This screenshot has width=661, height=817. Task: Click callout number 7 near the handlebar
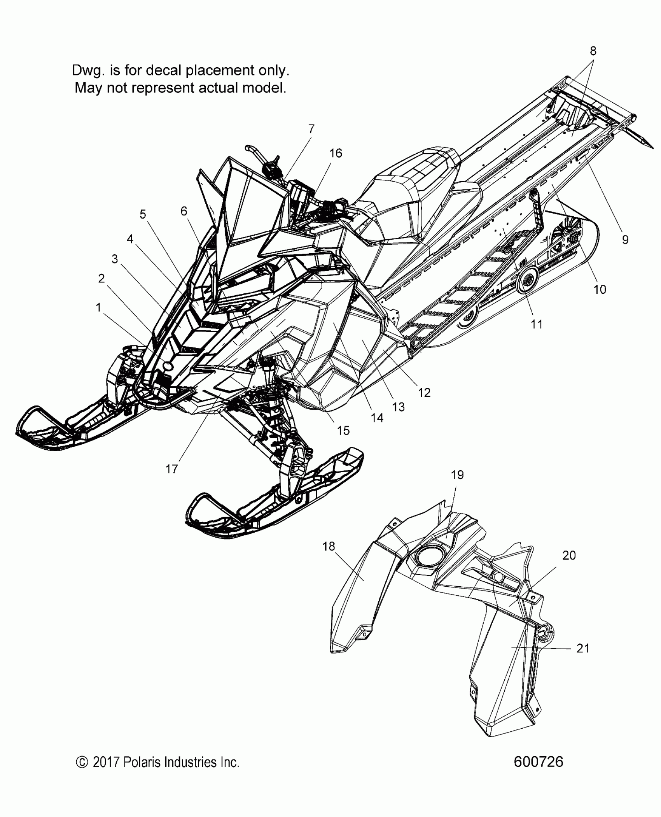click(x=311, y=129)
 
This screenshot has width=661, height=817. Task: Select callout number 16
click(x=336, y=153)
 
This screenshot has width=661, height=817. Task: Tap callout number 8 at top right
click(x=593, y=51)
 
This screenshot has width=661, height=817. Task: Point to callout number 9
click(x=625, y=240)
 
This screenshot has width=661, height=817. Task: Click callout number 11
click(x=537, y=324)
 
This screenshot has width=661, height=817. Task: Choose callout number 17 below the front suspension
click(x=171, y=469)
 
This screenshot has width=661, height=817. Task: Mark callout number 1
click(x=98, y=308)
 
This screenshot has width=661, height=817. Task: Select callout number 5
click(x=143, y=214)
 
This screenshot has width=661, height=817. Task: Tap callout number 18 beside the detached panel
click(x=329, y=547)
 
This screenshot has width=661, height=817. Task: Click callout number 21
click(x=583, y=649)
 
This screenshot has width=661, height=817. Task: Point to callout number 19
click(x=457, y=475)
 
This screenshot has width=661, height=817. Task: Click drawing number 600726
click(x=538, y=762)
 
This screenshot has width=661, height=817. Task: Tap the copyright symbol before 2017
click(x=81, y=762)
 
